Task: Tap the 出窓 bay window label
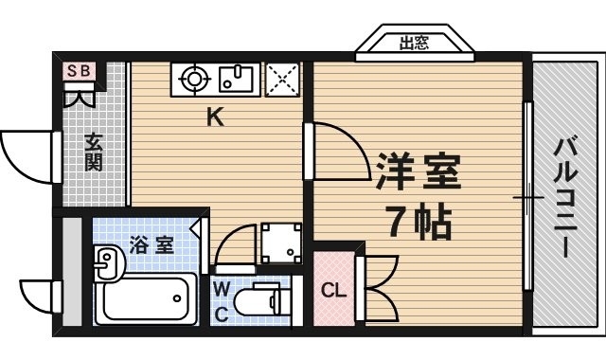(x=413, y=43)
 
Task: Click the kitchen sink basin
(x=234, y=80)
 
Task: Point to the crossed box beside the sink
(x=281, y=79)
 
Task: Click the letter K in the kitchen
(x=215, y=119)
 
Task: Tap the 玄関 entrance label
(x=93, y=152)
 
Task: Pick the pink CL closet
(x=331, y=290)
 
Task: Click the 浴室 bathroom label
(x=151, y=244)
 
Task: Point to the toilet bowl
(x=259, y=302)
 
